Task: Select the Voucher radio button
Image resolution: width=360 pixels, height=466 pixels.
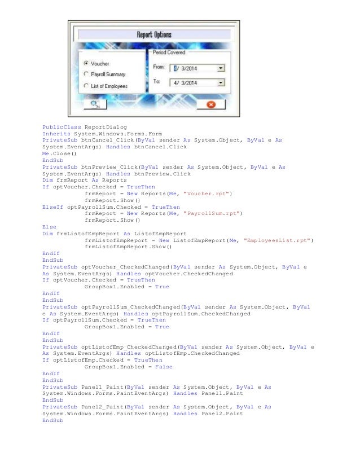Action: (x=86, y=63)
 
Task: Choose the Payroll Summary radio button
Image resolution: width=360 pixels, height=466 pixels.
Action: (x=86, y=74)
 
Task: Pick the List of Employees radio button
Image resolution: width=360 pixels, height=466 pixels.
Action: (x=86, y=86)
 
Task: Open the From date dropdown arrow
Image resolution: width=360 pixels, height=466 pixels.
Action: (x=221, y=68)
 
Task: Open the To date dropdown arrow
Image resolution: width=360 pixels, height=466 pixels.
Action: (x=221, y=83)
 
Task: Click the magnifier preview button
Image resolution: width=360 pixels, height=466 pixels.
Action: (x=94, y=104)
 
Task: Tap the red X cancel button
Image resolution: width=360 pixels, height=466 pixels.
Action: (x=210, y=104)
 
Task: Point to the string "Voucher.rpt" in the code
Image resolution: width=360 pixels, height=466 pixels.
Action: (x=211, y=194)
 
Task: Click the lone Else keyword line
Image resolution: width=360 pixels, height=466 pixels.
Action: (x=49, y=227)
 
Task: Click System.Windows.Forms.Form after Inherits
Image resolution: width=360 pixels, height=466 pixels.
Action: (x=118, y=134)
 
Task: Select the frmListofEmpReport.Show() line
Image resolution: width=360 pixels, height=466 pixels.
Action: (x=121, y=247)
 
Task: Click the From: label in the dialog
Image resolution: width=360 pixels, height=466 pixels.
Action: (x=159, y=68)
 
